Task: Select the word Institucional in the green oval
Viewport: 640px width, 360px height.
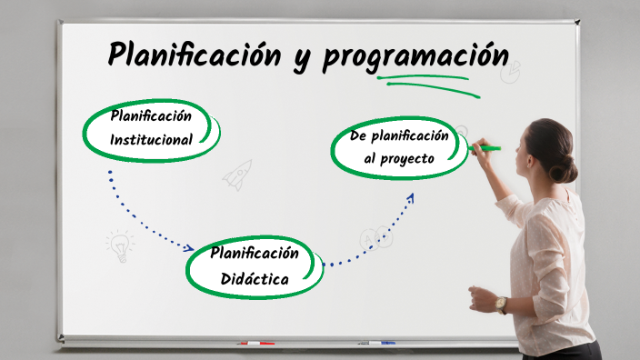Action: tap(151, 140)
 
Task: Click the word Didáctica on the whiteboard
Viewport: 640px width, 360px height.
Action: tap(255, 278)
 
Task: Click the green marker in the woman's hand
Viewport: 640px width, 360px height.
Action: tap(486, 147)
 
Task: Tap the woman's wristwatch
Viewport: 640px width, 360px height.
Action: tap(501, 304)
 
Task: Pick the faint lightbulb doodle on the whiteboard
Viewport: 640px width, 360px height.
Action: tap(119, 245)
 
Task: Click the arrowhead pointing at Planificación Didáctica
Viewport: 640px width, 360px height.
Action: tap(189, 247)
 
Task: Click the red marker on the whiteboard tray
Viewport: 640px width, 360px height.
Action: tap(255, 344)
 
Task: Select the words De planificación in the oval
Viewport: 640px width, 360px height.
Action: tap(400, 135)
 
